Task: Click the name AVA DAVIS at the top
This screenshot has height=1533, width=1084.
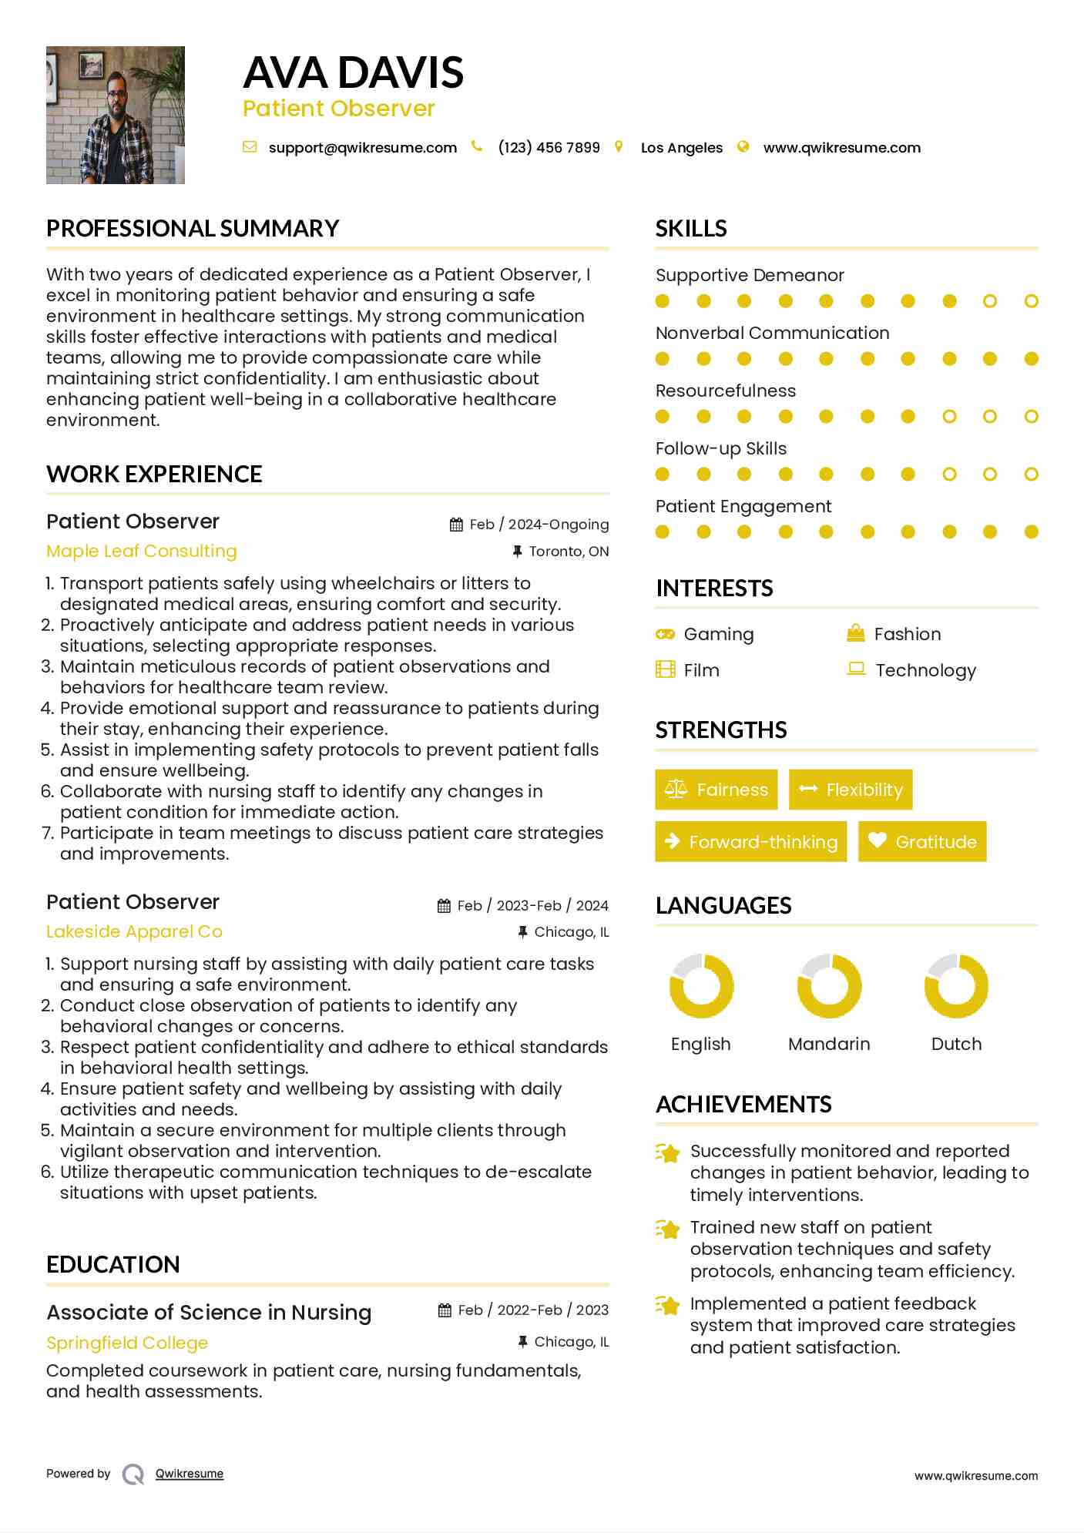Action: pyautogui.click(x=353, y=73)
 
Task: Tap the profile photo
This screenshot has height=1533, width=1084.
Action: pyautogui.click(x=116, y=115)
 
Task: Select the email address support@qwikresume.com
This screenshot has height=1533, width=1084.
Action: pyautogui.click(x=362, y=148)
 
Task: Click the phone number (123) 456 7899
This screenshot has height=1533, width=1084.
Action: pyautogui.click(x=549, y=148)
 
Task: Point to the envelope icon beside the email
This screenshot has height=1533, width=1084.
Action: pyautogui.click(x=250, y=147)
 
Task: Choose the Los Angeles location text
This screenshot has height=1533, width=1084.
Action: pyautogui.click(x=681, y=148)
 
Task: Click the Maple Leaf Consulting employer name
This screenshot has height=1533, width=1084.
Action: pyautogui.click(x=142, y=552)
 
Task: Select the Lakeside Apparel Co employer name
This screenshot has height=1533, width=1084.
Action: pyautogui.click(x=134, y=932)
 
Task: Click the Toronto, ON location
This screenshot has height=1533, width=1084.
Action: pyautogui.click(x=569, y=552)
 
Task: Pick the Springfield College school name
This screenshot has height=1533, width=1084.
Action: pyautogui.click(x=127, y=1343)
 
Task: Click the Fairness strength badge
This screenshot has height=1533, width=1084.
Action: pyautogui.click(x=716, y=790)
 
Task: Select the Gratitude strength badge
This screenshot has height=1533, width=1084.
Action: pyautogui.click(x=921, y=842)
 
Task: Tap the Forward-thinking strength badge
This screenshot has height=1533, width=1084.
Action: pyautogui.click(x=750, y=842)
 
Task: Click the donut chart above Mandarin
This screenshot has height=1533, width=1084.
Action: pyautogui.click(x=829, y=986)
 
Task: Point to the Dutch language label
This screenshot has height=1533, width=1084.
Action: pyautogui.click(x=956, y=1045)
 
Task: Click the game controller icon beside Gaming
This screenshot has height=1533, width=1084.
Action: pyautogui.click(x=665, y=634)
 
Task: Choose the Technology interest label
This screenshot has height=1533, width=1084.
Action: pyautogui.click(x=925, y=671)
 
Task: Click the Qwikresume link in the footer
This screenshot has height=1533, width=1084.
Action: pyautogui.click(x=190, y=1474)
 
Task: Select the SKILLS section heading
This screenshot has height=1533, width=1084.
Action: pyautogui.click(x=691, y=229)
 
